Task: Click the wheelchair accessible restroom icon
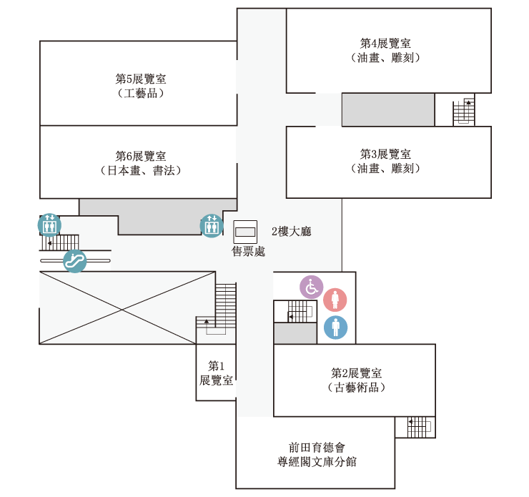(x=312, y=287)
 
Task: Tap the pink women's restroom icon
(x=335, y=300)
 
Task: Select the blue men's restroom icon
(x=336, y=328)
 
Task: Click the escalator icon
(x=75, y=261)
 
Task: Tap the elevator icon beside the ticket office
(x=212, y=226)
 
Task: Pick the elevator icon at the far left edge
(x=49, y=225)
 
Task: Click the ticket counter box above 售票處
(x=245, y=232)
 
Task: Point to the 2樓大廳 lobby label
(x=292, y=232)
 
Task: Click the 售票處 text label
(x=248, y=251)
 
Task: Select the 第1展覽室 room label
(x=216, y=373)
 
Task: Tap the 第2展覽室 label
(x=356, y=373)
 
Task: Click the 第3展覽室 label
(x=385, y=154)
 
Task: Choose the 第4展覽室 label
(x=385, y=43)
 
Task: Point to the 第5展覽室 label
(x=141, y=79)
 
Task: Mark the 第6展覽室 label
(x=141, y=156)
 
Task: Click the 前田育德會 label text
(x=317, y=448)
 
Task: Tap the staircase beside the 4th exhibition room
(x=463, y=112)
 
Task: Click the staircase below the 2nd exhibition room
(x=420, y=427)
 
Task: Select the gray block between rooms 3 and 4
(x=388, y=110)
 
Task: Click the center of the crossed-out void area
(x=122, y=307)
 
